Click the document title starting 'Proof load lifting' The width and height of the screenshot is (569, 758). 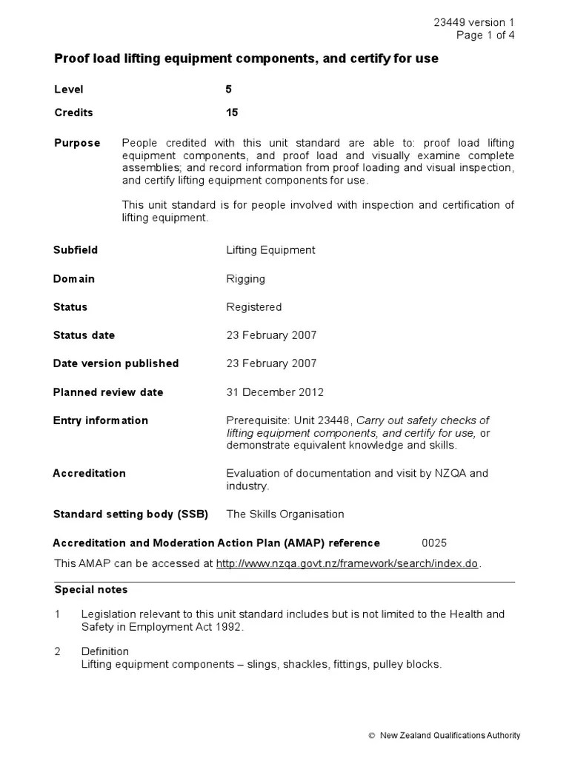246,58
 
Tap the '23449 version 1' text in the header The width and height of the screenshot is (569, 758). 473,22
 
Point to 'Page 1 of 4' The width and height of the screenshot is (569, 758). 485,35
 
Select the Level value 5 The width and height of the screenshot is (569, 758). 229,90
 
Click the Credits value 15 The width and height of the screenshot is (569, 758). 232,113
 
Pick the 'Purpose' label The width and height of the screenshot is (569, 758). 77,143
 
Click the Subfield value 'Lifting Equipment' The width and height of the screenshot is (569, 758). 270,250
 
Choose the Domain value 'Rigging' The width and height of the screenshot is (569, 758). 245,279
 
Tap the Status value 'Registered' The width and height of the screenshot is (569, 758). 253,307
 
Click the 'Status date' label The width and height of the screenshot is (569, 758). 84,335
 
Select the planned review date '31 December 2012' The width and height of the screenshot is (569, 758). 274,392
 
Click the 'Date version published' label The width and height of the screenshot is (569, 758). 116,363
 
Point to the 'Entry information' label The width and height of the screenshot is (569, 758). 100,420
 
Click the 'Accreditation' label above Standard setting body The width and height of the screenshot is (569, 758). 89,473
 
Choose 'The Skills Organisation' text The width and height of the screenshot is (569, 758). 285,514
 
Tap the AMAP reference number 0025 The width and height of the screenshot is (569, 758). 434,543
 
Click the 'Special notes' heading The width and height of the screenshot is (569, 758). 90,590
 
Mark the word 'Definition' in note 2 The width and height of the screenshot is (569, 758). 104,651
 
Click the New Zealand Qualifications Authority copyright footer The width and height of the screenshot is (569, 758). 444,735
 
